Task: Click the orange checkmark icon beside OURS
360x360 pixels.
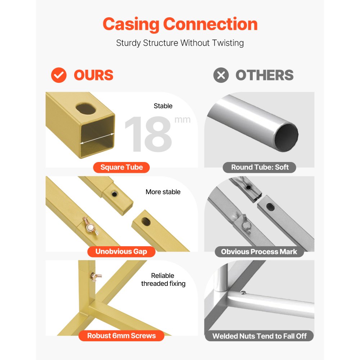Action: point(59,75)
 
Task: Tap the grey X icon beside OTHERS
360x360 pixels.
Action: point(221,75)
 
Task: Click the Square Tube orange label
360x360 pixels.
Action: point(121,167)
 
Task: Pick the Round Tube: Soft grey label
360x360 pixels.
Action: point(260,167)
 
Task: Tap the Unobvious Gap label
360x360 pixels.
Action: point(121,251)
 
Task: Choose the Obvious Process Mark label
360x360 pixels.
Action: point(259,252)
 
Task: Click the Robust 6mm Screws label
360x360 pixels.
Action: point(121,336)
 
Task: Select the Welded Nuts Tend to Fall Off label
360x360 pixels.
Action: point(259,336)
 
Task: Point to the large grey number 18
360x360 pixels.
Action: point(148,134)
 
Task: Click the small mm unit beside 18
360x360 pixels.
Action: point(183,120)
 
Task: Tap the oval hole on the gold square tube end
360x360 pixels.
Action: point(86,109)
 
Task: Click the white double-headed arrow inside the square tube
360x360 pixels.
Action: point(97,139)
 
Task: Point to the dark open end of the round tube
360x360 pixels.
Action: point(287,137)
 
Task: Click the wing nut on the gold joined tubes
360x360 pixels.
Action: point(90,226)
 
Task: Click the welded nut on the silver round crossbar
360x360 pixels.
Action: point(243,292)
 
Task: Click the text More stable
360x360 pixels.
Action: point(163,192)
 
